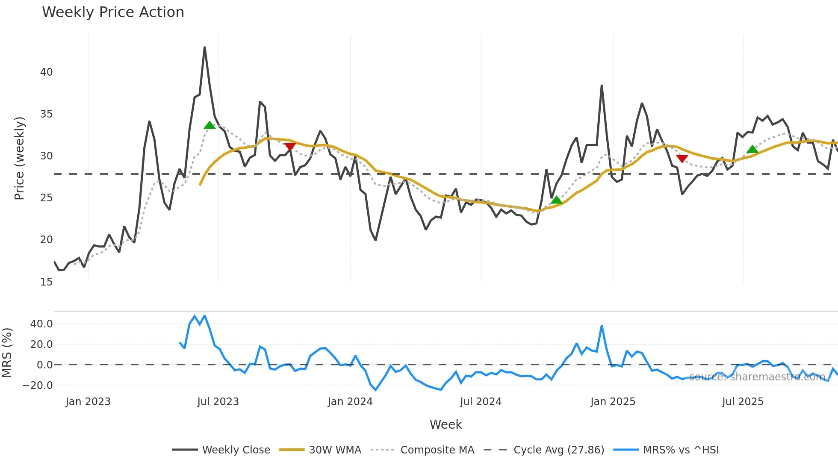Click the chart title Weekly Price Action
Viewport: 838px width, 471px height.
(x=113, y=12)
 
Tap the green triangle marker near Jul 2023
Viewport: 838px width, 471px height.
(x=209, y=125)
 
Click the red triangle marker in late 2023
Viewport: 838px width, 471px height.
(x=290, y=147)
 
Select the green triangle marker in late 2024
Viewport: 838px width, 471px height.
(x=556, y=200)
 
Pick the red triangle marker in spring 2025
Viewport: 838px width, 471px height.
(x=682, y=159)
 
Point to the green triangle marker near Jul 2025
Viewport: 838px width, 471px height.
(x=752, y=149)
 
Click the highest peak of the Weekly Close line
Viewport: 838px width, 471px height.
(x=205, y=47)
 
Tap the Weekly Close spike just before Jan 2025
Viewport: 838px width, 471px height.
(x=602, y=85)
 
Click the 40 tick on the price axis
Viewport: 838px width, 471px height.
(x=46, y=72)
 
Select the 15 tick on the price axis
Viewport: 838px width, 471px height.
(x=46, y=282)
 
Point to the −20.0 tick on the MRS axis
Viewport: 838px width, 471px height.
(x=38, y=386)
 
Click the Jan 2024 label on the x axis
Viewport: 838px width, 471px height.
(x=350, y=402)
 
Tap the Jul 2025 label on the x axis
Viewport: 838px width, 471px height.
(x=743, y=402)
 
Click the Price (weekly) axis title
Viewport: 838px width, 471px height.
(x=19, y=158)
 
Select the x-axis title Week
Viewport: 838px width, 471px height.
(x=446, y=424)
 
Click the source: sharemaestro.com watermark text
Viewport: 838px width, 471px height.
(x=757, y=377)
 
